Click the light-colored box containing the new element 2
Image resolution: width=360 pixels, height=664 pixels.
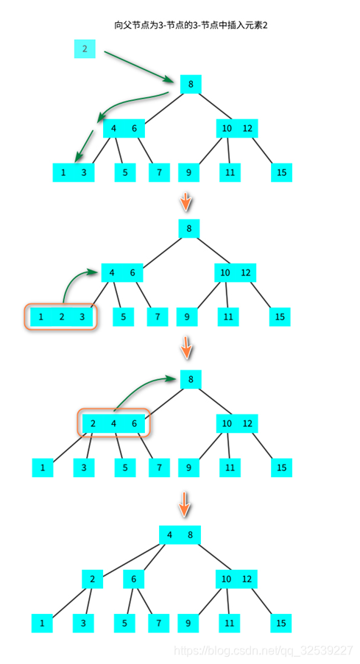coord(85,49)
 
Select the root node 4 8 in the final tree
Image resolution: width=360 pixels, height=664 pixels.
coord(180,534)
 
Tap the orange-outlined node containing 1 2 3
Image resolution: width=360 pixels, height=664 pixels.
coord(61,317)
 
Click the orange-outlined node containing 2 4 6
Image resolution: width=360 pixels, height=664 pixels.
coord(113,423)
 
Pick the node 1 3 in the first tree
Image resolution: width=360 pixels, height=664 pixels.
coord(74,172)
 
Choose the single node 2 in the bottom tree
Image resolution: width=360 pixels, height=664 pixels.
coord(92,579)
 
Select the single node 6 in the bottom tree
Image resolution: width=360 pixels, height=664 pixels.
coord(133,579)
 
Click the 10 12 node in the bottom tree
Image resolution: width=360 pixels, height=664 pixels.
coord(236,579)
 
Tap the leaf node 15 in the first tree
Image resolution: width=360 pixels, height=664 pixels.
coord(280,172)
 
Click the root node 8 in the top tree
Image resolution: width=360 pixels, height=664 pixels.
coord(191,84)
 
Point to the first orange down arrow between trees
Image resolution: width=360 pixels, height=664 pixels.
coord(186,200)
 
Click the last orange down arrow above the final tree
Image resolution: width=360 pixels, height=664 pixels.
coord(186,504)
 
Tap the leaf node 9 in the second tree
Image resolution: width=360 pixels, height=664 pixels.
coord(187,317)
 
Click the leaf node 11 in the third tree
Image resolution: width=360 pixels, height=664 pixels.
coord(229,467)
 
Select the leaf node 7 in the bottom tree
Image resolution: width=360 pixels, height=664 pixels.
coord(157,624)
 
